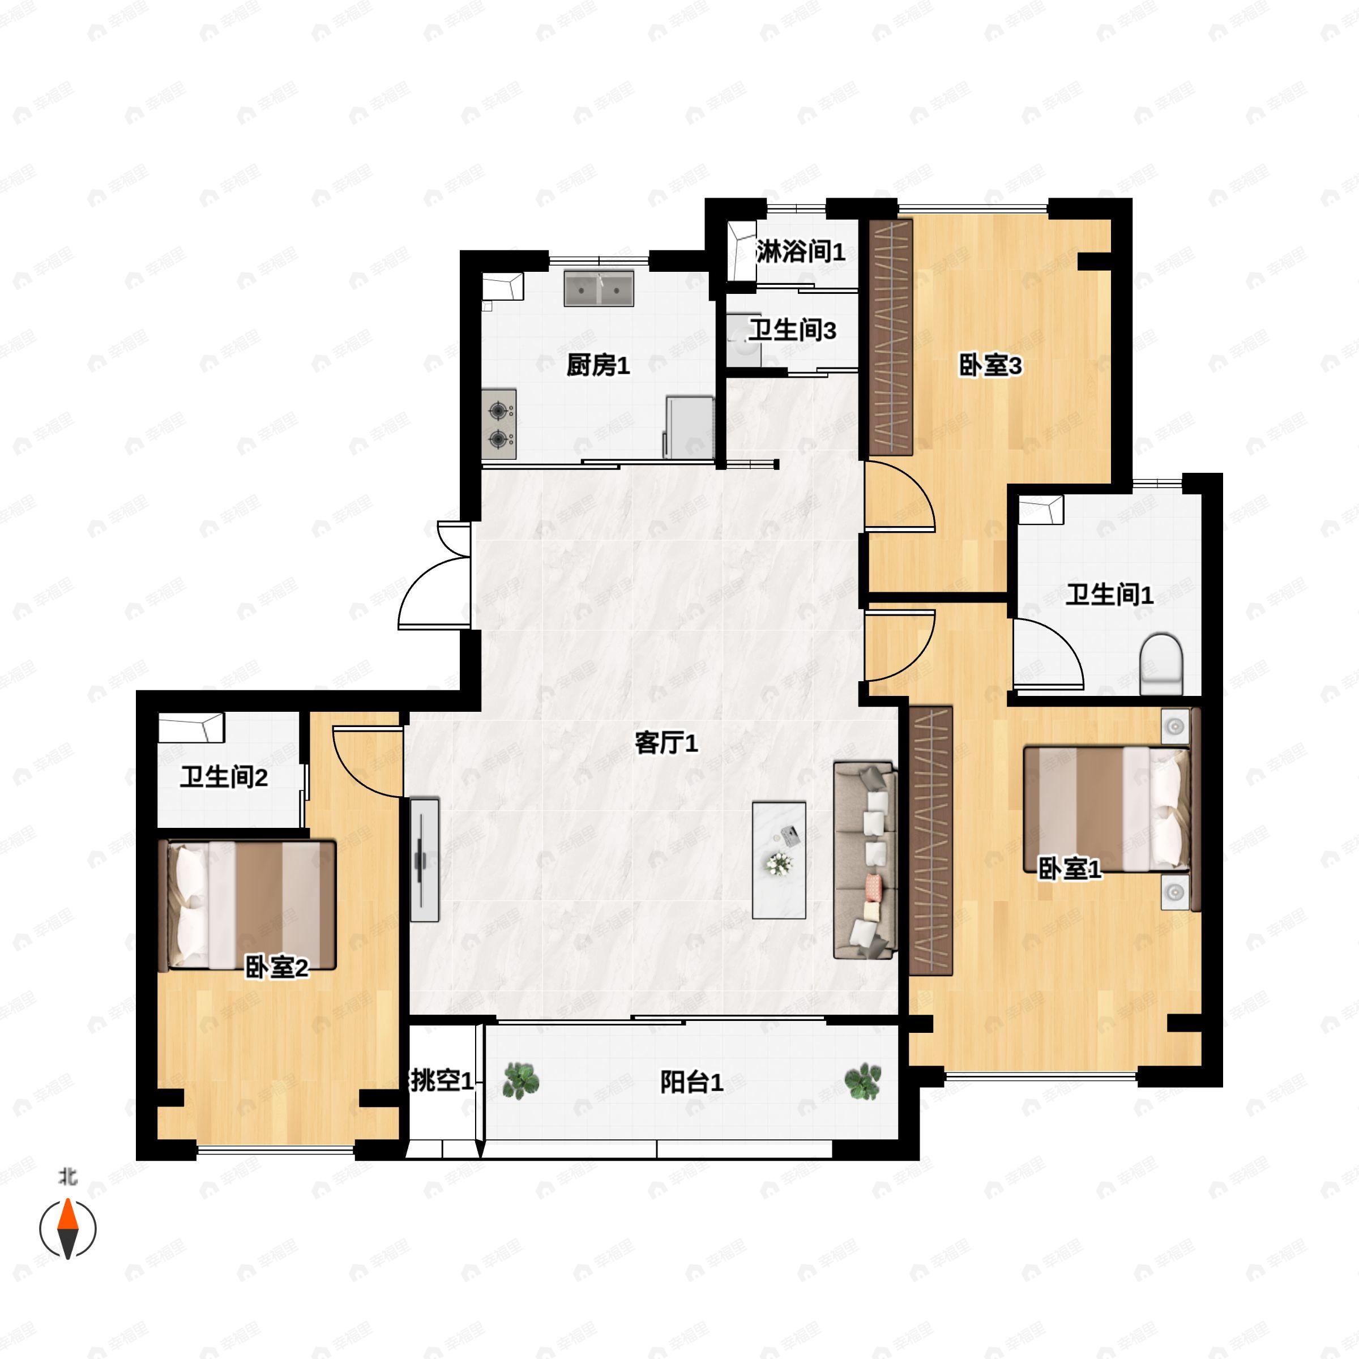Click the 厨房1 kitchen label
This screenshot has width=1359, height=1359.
click(x=598, y=365)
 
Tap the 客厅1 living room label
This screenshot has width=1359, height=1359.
click(x=666, y=743)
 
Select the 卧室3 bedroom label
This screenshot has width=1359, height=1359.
click(x=990, y=365)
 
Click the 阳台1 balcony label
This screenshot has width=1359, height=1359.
click(x=691, y=1082)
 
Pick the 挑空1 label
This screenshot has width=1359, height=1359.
click(x=442, y=1080)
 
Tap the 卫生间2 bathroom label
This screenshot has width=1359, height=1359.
click(x=224, y=777)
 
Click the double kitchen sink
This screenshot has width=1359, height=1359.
click(x=599, y=288)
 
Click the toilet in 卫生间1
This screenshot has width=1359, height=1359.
click(x=1161, y=663)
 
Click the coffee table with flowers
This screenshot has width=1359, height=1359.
click(x=779, y=860)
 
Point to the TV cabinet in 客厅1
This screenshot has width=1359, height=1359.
click(x=425, y=860)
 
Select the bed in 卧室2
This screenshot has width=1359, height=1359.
click(x=247, y=905)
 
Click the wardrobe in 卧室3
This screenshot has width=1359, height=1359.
click(x=891, y=337)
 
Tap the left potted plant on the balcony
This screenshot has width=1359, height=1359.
click(x=520, y=1081)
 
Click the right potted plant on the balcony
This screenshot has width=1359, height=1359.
click(x=862, y=1081)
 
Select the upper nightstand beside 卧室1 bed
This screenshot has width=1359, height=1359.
click(x=1175, y=725)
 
